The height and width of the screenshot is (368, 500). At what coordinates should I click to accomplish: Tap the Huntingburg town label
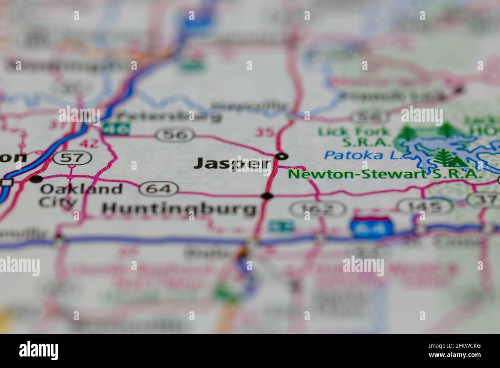(179, 209)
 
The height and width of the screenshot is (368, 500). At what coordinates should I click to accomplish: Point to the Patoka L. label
(354, 155)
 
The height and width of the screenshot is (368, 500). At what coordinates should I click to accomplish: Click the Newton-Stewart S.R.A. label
(385, 174)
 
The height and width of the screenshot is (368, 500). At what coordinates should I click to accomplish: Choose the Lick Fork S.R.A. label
(354, 137)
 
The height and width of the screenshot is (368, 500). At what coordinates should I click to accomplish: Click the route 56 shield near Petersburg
(175, 135)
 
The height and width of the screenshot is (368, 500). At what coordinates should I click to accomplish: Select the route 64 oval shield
(159, 189)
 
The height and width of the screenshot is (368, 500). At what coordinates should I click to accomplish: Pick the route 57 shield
(73, 157)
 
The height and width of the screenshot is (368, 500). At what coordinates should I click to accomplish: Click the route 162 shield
(318, 209)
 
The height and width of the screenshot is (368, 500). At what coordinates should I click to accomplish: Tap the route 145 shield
(425, 207)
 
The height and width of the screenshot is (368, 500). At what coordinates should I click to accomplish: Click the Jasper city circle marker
(282, 156)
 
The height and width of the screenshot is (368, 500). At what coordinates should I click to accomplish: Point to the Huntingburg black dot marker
(267, 196)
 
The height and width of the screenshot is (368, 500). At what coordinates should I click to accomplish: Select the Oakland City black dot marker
(36, 179)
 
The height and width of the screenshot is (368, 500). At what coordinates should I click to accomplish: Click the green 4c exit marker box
(116, 129)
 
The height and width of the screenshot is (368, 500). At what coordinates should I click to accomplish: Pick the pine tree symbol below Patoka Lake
(446, 157)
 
